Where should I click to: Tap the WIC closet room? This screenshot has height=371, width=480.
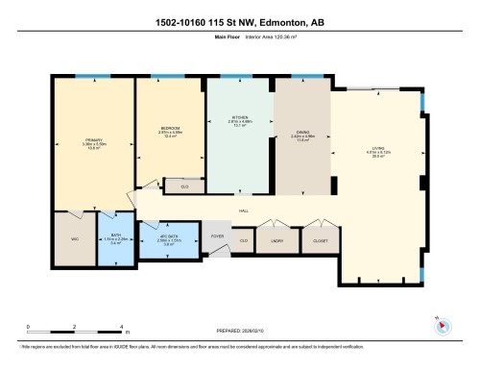[x=73, y=239]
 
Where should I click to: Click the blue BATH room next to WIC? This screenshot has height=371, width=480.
[x=115, y=240]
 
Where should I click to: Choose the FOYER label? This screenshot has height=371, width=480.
[x=217, y=233]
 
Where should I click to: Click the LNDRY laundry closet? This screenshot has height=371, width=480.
[x=278, y=240]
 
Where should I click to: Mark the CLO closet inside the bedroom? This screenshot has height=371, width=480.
[x=183, y=187]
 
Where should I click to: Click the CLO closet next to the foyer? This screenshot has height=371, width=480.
[x=244, y=240]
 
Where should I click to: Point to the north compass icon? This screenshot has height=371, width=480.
[x=442, y=324]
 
